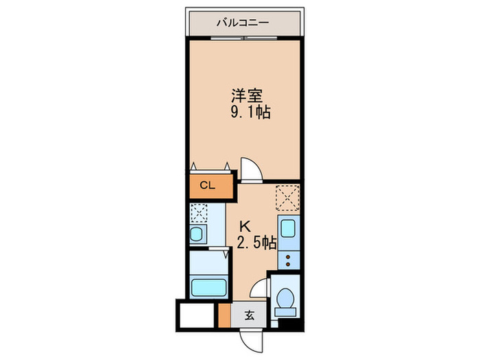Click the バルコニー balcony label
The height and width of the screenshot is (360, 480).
point(243,23)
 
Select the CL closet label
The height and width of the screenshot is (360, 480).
point(207,185)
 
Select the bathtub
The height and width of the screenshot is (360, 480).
point(208,285)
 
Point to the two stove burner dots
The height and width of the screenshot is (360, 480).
point(288,259)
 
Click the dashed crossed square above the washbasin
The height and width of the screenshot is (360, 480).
point(199,213)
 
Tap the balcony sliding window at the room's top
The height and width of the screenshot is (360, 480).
point(244,39)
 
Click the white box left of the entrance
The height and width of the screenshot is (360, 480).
point(197,316)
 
